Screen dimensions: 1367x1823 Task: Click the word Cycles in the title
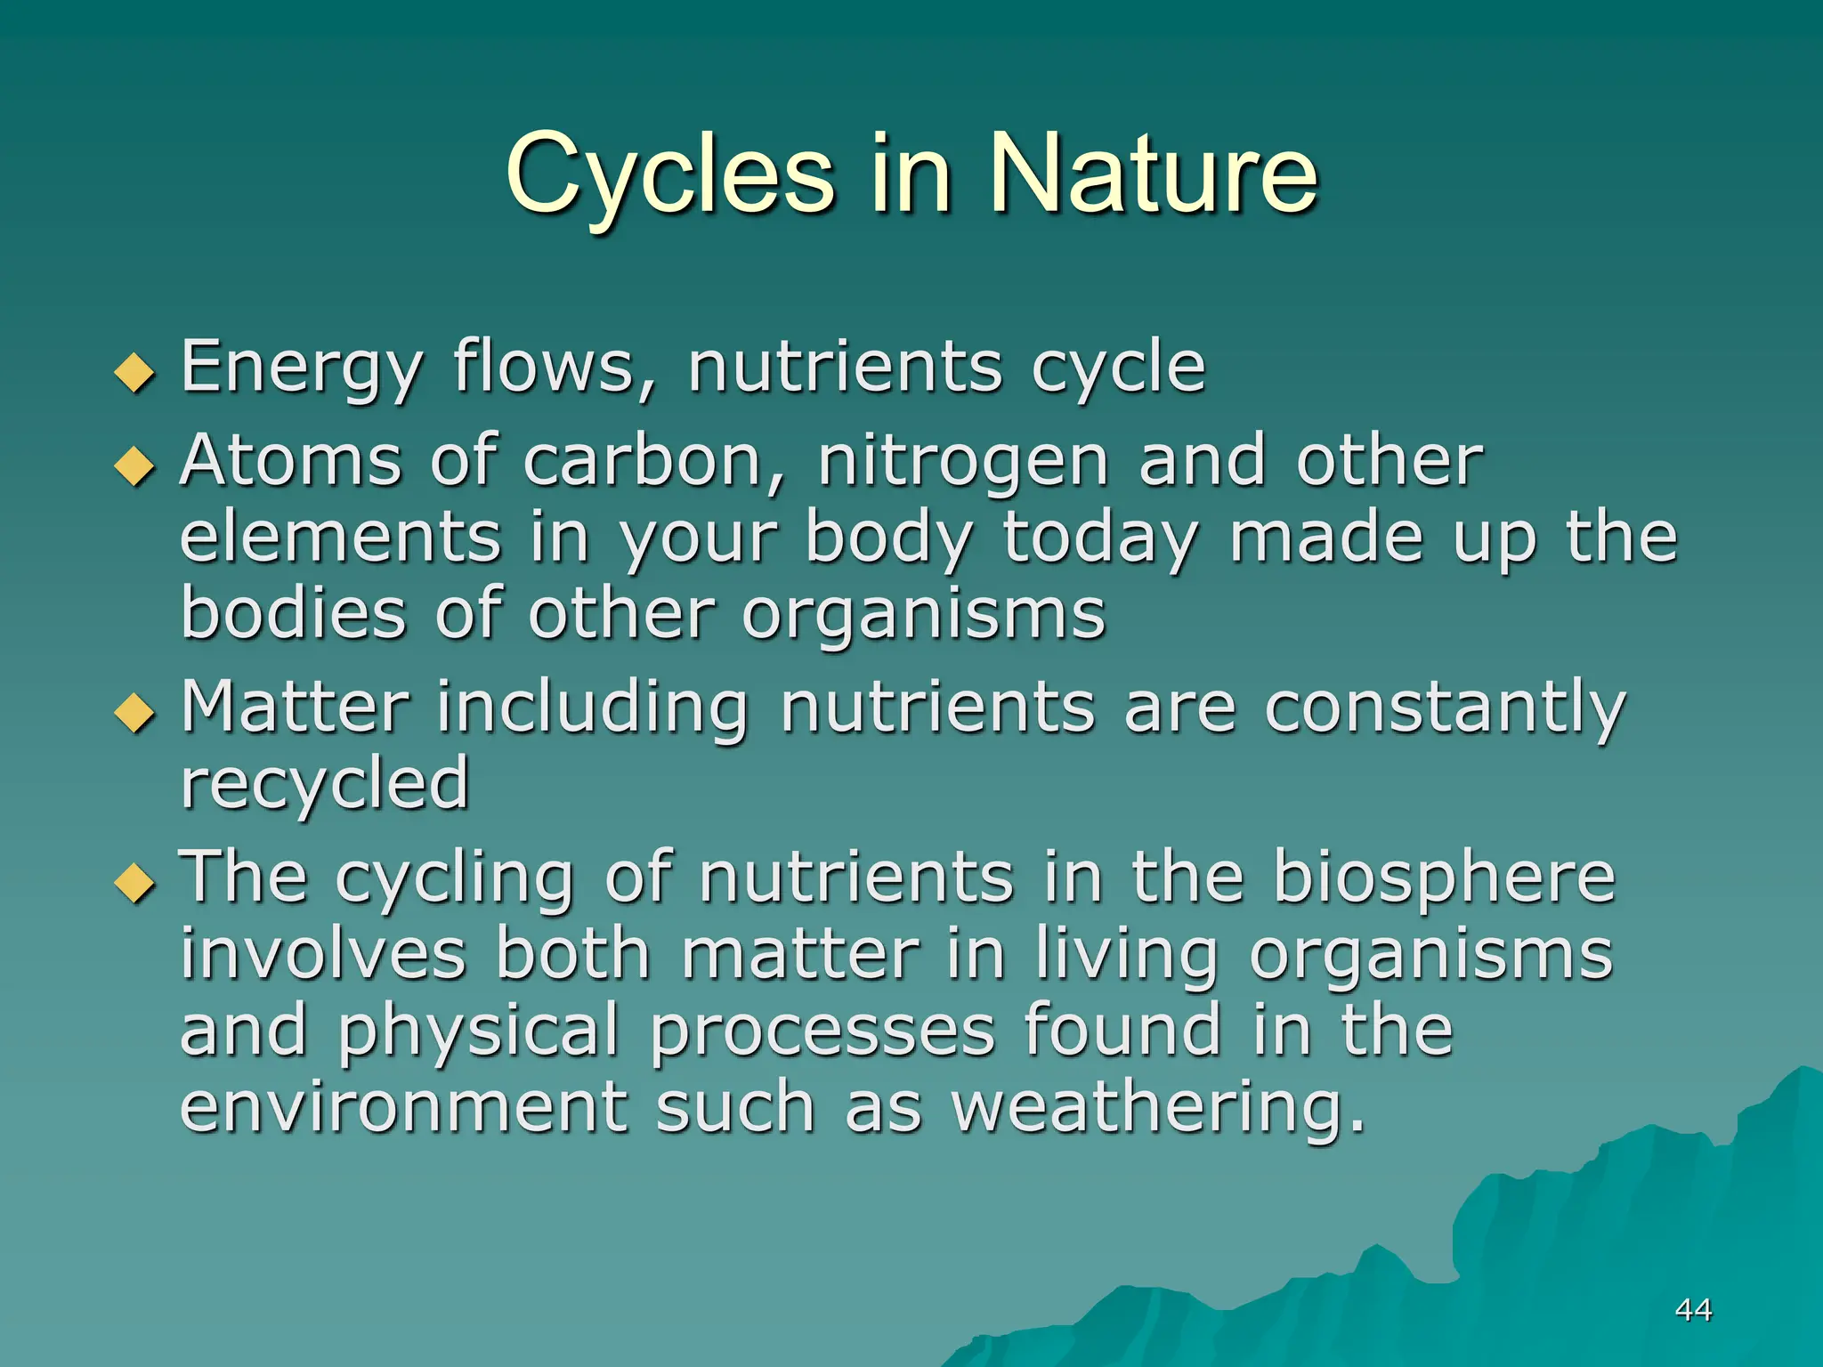(x=669, y=175)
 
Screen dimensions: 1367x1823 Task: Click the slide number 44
(x=1692, y=1310)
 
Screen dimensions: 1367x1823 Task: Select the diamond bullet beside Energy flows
(x=135, y=372)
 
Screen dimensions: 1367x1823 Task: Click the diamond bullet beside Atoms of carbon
(x=135, y=466)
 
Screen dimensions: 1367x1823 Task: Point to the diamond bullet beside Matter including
(x=135, y=712)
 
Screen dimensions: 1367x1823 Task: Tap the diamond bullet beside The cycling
(x=135, y=883)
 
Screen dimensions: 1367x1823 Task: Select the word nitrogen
(x=962, y=463)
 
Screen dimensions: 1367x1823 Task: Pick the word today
(x=1100, y=539)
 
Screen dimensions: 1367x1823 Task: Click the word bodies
(x=293, y=613)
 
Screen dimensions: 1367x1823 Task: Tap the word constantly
(x=1445, y=708)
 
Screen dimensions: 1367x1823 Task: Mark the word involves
(x=323, y=954)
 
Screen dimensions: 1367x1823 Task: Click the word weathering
(x=1157, y=1109)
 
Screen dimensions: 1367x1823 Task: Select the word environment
(x=404, y=1107)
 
